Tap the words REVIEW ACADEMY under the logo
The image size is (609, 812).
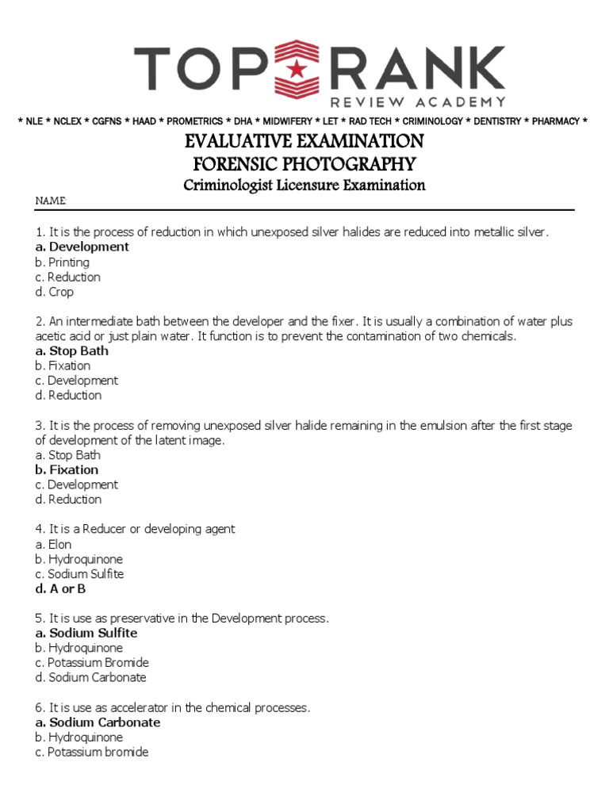pos(417,101)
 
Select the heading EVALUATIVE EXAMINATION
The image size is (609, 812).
pos(304,142)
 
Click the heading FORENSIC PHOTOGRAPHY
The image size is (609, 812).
pos(304,164)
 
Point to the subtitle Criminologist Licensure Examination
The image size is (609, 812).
pos(304,186)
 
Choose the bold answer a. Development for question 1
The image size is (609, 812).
pos(82,247)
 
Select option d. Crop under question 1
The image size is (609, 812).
pos(55,292)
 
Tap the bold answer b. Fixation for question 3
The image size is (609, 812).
pos(67,469)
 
